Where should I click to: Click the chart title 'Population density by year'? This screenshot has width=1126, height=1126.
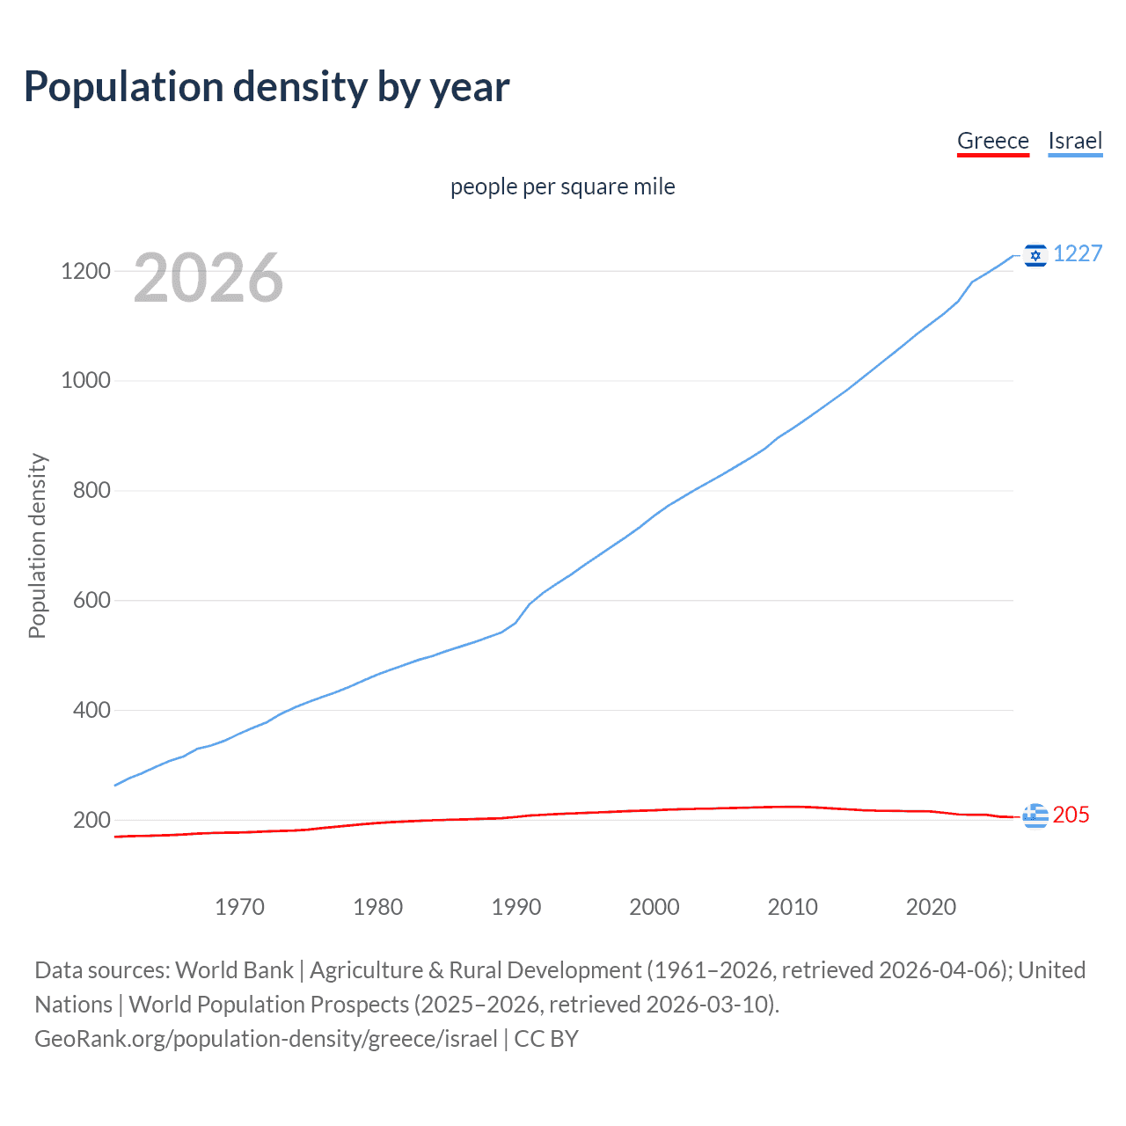click(x=267, y=87)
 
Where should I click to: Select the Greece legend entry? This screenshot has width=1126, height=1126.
click(x=992, y=141)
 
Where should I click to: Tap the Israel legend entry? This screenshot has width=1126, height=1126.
click(x=1075, y=141)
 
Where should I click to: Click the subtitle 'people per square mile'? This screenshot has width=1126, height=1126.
click(x=563, y=186)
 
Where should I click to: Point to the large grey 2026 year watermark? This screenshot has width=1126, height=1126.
click(x=208, y=278)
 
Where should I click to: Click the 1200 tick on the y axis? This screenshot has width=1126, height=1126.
click(x=85, y=271)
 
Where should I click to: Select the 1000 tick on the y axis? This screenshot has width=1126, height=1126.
click(x=85, y=380)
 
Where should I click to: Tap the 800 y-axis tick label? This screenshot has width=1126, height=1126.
click(x=91, y=490)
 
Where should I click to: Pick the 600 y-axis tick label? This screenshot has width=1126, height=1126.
click(x=91, y=600)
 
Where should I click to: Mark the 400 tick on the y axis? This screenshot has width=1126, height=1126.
click(x=91, y=710)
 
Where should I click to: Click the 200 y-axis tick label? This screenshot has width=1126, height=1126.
click(x=91, y=820)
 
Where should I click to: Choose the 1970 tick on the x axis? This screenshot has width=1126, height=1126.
click(x=239, y=907)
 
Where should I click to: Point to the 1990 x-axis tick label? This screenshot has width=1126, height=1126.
click(x=516, y=907)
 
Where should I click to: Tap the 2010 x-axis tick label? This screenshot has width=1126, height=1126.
click(x=793, y=907)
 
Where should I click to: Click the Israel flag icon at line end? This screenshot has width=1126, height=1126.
click(x=1035, y=255)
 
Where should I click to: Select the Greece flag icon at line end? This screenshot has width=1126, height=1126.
click(x=1035, y=816)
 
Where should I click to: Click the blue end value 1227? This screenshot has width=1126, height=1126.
click(x=1078, y=253)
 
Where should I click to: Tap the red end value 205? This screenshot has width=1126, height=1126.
click(x=1071, y=815)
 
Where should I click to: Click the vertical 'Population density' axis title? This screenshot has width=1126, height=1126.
click(x=37, y=545)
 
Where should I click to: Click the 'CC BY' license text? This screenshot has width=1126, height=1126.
click(x=546, y=1039)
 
